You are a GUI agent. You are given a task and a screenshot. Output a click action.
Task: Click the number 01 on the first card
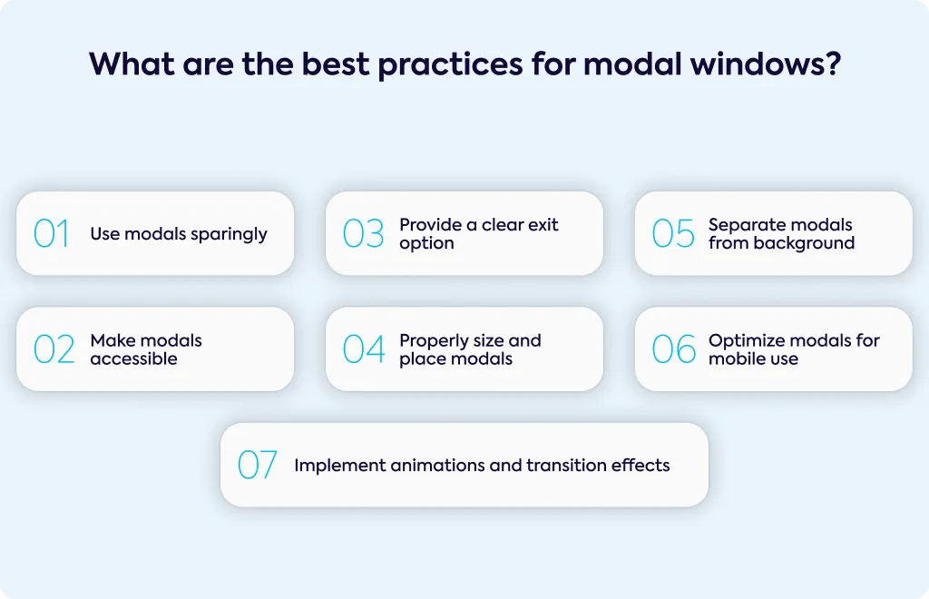[x=52, y=233]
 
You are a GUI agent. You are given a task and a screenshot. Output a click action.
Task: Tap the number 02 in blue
[x=54, y=349]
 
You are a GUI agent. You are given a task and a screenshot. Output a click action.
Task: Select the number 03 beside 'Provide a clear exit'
[x=363, y=233]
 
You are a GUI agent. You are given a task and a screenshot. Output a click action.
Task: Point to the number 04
[x=364, y=349]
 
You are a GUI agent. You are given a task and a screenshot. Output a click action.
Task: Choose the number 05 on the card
[x=673, y=233]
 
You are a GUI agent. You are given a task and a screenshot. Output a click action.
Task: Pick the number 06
[x=674, y=349]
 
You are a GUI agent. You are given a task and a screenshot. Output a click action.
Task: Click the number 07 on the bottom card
[x=257, y=465]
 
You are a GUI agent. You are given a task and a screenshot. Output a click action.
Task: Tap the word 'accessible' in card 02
[x=134, y=358]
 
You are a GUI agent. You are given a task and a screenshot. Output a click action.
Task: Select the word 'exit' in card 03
[x=544, y=224]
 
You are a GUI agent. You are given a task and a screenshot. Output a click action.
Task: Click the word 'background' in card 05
[x=804, y=243]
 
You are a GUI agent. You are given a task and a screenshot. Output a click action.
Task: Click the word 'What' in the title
[x=132, y=64]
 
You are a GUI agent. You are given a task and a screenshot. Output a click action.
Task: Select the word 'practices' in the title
[x=450, y=64]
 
